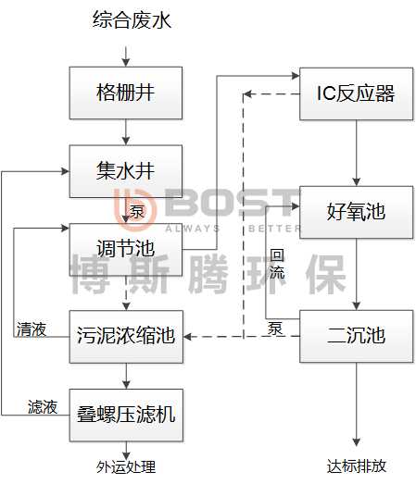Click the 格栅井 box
point(126,93)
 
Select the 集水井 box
point(126,171)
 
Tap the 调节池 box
point(126,250)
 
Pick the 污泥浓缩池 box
point(126,337)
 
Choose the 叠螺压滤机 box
point(126,416)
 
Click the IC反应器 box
point(357,93)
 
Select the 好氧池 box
point(357,212)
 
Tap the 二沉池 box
point(357,336)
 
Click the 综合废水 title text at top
point(132,19)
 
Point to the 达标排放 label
point(357,465)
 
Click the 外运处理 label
point(126,467)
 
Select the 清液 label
point(32,329)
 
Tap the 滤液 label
point(43,407)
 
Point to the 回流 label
point(277,264)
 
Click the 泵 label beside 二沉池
point(275,329)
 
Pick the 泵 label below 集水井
point(136,211)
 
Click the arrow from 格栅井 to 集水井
point(126,132)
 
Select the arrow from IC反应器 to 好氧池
point(357,153)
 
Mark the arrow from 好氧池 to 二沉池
point(357,274)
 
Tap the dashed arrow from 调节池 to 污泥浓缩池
point(126,293)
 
